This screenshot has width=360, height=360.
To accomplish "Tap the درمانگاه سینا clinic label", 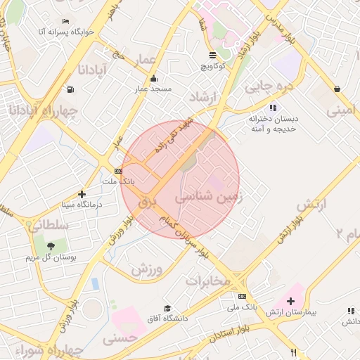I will pos(79,204).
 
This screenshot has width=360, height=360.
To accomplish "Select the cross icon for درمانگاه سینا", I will pos(82,193).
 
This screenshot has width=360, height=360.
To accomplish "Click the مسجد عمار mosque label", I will pos(153,89).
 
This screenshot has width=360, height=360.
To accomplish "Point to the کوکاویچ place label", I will pos(212,65).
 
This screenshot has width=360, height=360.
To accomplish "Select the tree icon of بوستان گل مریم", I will pos(52,245).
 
